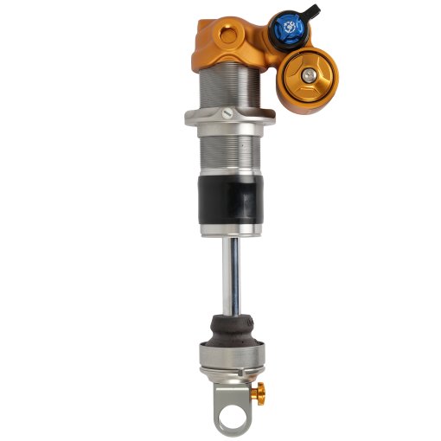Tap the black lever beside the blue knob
point(310,11)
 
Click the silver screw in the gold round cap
point(309,75)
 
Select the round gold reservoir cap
point(309,75)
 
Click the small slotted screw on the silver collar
point(226,110)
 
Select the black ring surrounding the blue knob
point(276,31)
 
